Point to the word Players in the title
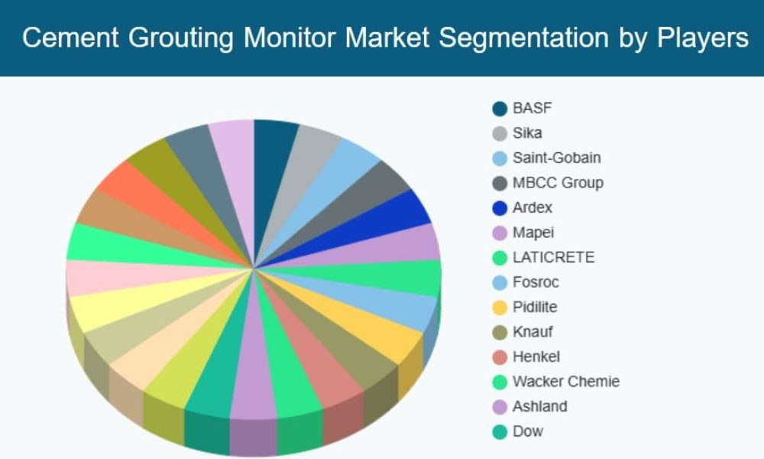(704, 37)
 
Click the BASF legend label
(532, 108)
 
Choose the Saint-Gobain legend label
(556, 158)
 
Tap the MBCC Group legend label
(558, 182)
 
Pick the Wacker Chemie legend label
(565, 381)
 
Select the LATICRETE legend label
(553, 257)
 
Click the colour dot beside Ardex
(500, 208)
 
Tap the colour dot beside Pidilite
(500, 308)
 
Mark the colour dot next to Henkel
(500, 357)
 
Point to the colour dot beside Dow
(500, 431)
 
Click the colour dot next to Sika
(500, 133)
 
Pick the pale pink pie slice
(107, 277)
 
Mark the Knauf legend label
(532, 332)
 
